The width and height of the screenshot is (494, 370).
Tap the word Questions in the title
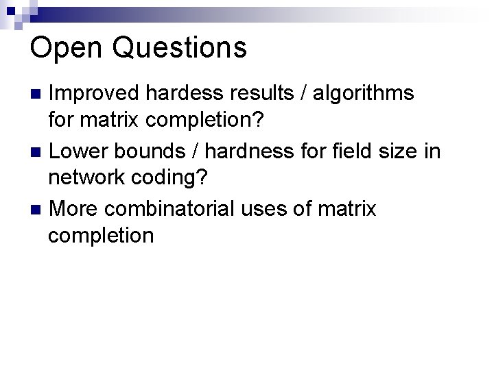coord(178,48)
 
